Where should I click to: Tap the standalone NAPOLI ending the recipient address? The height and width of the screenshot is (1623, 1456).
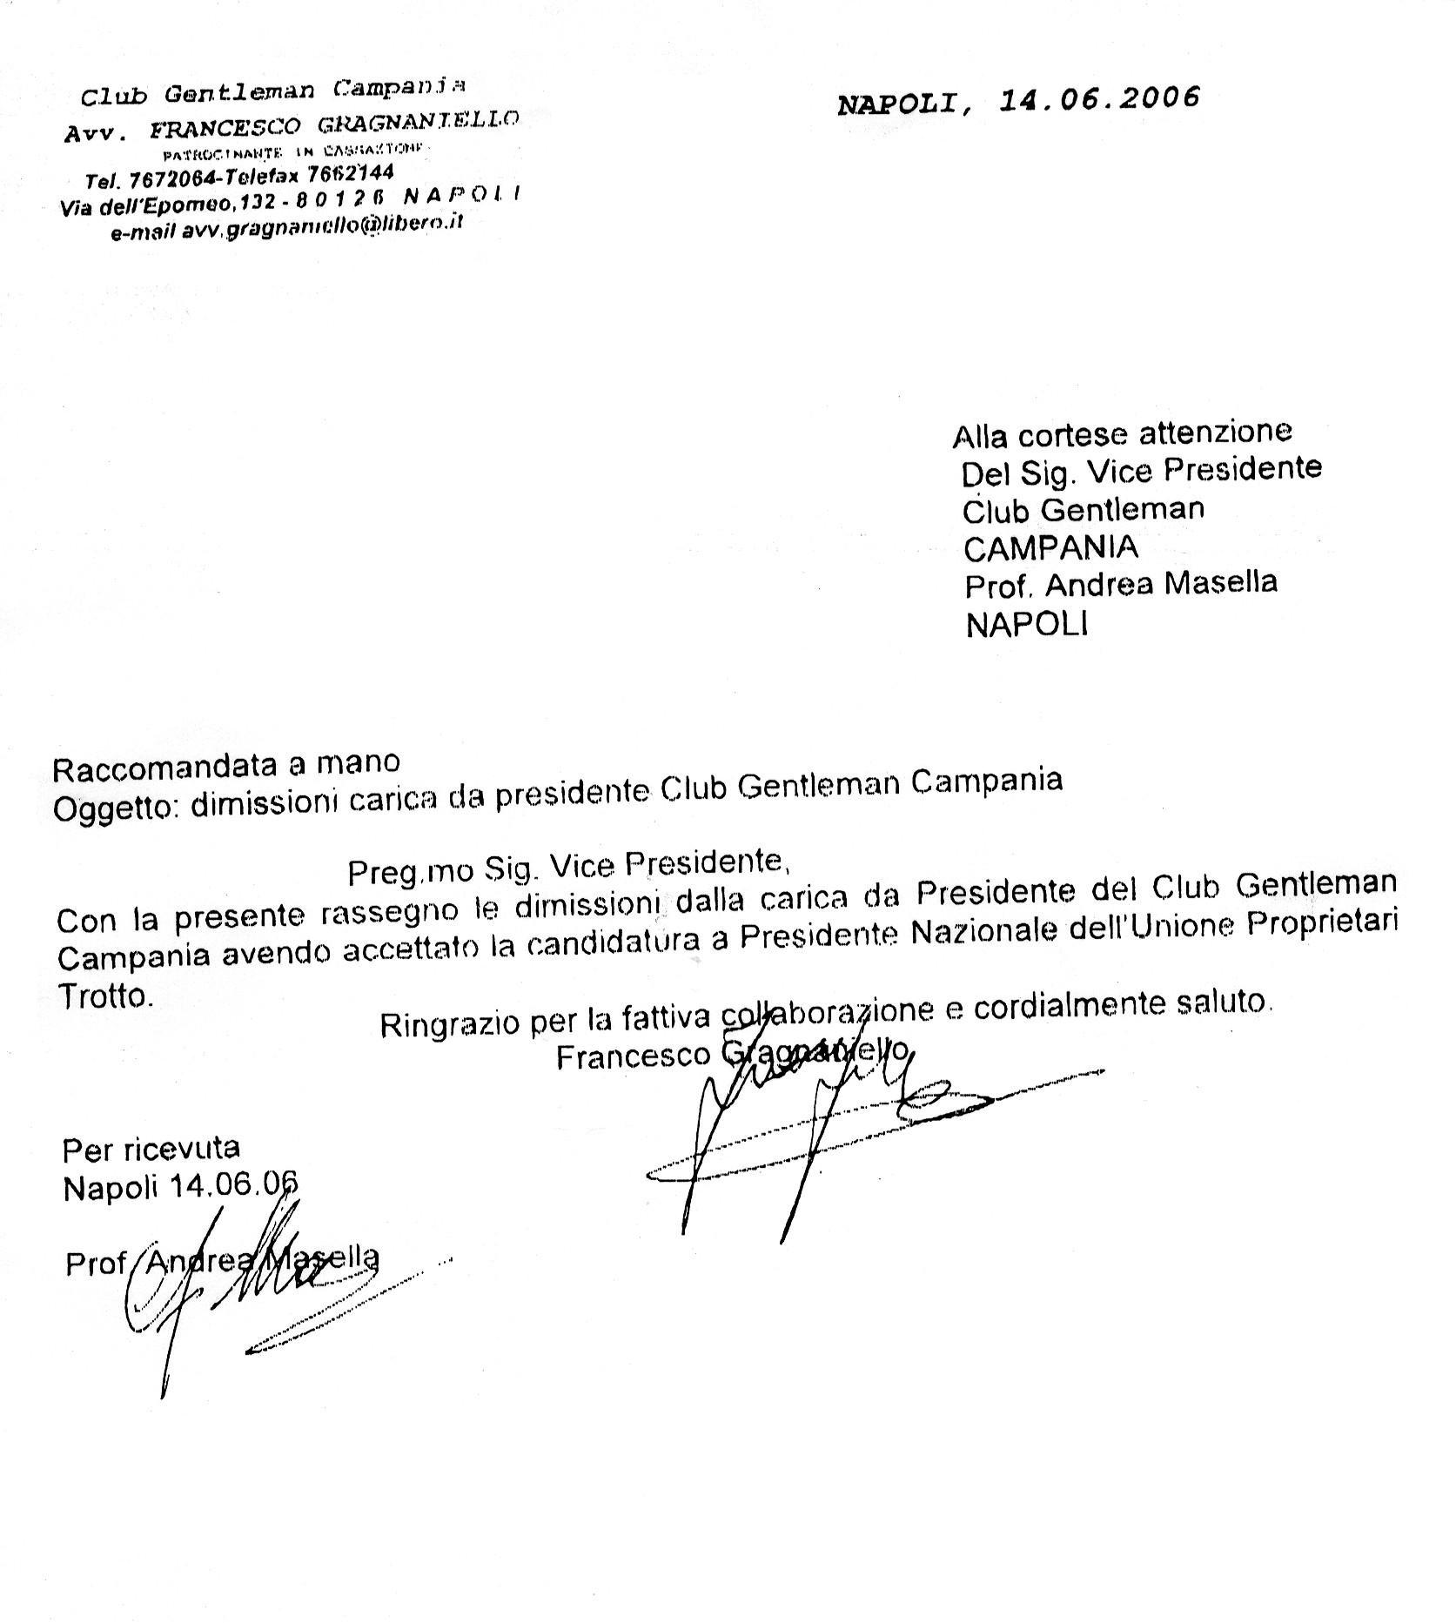coord(1027,625)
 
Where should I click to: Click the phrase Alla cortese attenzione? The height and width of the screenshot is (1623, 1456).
coord(1123,433)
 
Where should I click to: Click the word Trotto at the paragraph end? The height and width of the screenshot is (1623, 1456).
coord(104,995)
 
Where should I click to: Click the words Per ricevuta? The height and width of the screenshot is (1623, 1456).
coord(151,1150)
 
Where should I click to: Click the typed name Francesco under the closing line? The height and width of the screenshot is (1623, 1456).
coord(634,1056)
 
